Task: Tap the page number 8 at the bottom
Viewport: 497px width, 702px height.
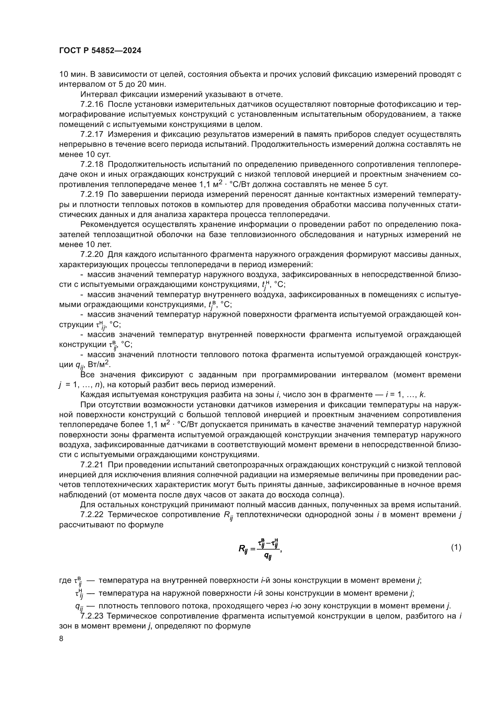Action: pos(61,638)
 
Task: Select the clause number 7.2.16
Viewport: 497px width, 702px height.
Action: pos(92,104)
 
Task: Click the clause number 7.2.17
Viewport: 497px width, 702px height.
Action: pos(92,134)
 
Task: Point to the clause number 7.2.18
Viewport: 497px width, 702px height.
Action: pos(92,164)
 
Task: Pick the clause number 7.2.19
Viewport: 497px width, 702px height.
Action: pos(92,194)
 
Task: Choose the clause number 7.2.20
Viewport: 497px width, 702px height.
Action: pos(92,255)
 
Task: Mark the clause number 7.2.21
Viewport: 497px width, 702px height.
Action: pos(92,465)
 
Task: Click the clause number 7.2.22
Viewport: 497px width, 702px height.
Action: pos(92,515)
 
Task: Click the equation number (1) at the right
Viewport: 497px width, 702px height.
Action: pos(456,547)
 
